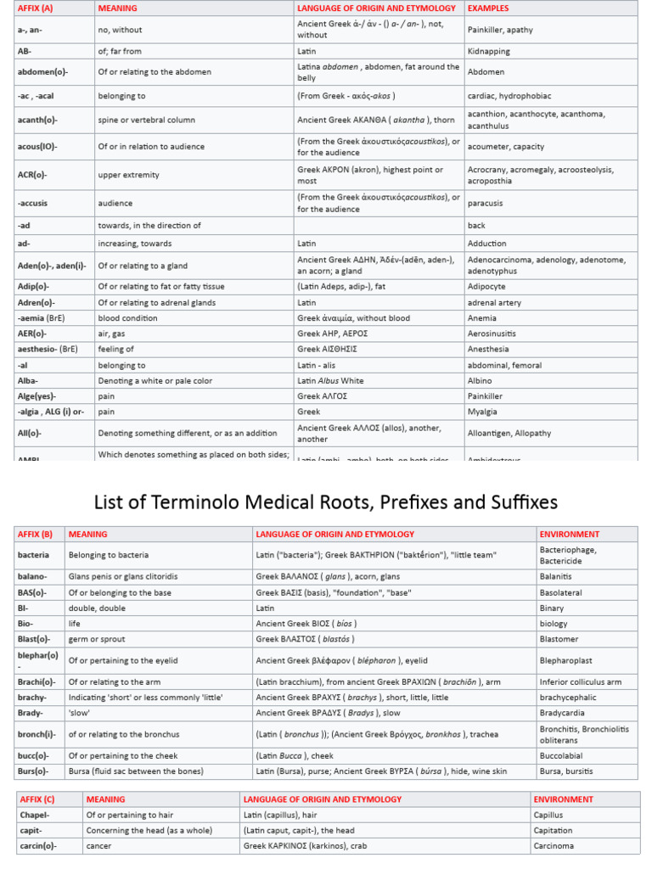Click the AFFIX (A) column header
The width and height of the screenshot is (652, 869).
pyautogui.click(x=35, y=8)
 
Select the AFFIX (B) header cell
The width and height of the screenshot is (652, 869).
pyautogui.click(x=35, y=534)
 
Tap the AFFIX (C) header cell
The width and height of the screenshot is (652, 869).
pyautogui.click(x=37, y=799)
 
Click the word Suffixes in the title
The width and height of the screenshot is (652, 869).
pyautogui.click(x=517, y=502)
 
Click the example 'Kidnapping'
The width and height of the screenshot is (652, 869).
pyautogui.click(x=488, y=52)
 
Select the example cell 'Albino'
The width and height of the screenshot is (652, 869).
pyautogui.click(x=481, y=381)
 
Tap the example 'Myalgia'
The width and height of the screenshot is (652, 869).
pyautogui.click(x=481, y=412)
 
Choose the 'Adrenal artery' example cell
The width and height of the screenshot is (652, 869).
pyautogui.click(x=494, y=303)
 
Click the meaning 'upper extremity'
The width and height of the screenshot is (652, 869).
pyautogui.click(x=128, y=175)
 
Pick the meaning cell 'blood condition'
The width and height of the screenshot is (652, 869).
pyautogui.click(x=127, y=318)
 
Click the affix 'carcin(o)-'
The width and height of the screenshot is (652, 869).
pyautogui.click(x=40, y=846)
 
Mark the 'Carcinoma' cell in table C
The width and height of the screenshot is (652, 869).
pyautogui.click(x=554, y=846)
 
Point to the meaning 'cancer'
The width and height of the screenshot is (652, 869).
pyautogui.click(x=98, y=846)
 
